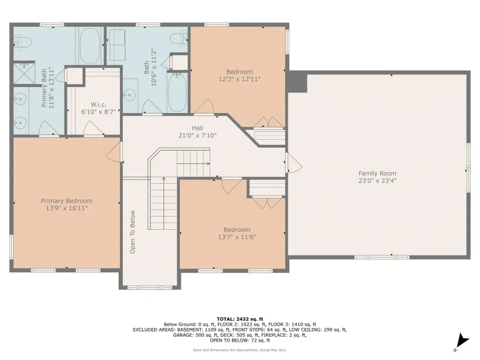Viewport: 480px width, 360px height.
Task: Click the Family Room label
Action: coord(377,173)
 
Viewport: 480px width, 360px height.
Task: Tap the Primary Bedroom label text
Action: coord(66,201)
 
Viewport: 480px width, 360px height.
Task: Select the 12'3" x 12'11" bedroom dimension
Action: coord(239,79)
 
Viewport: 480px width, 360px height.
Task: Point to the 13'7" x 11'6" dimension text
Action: coord(237,237)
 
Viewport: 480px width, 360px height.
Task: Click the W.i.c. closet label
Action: coord(98,105)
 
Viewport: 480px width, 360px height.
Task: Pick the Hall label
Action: coord(197,128)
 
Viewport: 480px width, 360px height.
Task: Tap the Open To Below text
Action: coord(132,232)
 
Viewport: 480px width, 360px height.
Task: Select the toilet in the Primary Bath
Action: coord(22,42)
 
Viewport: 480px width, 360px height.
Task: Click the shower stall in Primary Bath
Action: coord(24,73)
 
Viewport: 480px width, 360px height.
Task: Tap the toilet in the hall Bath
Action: coord(179,38)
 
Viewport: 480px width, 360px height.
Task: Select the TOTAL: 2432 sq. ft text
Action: coord(240,319)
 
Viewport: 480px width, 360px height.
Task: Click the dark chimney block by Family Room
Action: coord(297,82)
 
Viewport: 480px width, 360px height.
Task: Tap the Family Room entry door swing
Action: coord(294,162)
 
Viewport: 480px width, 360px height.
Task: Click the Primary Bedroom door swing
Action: coord(113,152)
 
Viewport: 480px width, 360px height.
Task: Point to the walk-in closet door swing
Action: coord(94,127)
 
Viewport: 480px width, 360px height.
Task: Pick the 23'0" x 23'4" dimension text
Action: coord(378,181)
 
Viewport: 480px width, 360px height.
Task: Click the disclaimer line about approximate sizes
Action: coord(240,350)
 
